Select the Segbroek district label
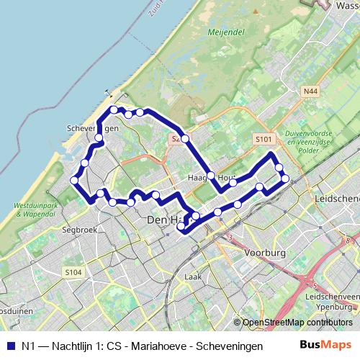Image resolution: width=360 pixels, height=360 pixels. pyautogui.click(x=78, y=230)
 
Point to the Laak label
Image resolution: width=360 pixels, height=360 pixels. pyautogui.click(x=192, y=276)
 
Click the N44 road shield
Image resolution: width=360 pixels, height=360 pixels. pyautogui.click(x=310, y=91)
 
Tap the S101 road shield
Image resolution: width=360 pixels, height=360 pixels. pyautogui.click(x=264, y=138)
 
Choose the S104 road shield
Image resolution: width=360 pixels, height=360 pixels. pyautogui.click(x=73, y=271)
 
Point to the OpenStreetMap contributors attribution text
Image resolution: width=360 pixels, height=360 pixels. pyautogui.click(x=297, y=323)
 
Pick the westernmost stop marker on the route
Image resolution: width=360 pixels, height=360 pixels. pyautogui.click(x=74, y=180)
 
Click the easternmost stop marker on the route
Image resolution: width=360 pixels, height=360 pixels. pyautogui.click(x=285, y=178)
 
